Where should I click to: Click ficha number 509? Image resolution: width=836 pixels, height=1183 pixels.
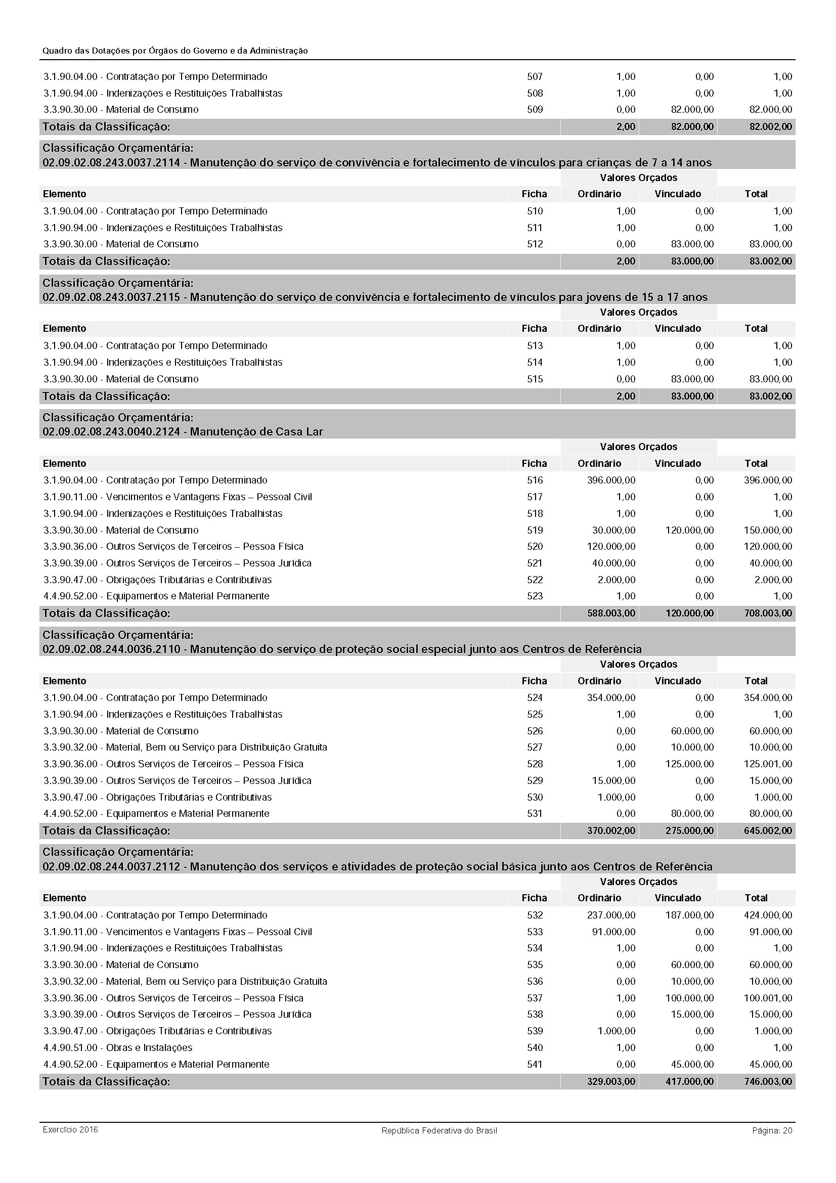(x=535, y=110)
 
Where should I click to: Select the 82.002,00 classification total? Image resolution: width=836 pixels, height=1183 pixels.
(x=771, y=127)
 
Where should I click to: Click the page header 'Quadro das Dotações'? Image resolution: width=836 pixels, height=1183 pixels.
(x=175, y=51)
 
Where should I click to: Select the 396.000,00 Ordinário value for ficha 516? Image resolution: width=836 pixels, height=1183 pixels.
(x=611, y=480)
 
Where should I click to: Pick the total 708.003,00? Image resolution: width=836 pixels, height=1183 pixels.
(x=771, y=614)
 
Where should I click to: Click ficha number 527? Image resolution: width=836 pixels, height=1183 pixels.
(x=535, y=747)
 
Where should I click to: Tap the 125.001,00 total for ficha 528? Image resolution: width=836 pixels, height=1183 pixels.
(x=768, y=764)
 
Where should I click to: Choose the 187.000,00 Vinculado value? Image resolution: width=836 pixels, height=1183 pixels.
(x=689, y=915)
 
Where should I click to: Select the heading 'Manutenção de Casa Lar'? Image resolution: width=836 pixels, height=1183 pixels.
(x=256, y=431)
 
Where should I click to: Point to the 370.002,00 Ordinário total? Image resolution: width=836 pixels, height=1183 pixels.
(x=611, y=830)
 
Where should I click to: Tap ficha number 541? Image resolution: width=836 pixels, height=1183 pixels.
(x=535, y=1064)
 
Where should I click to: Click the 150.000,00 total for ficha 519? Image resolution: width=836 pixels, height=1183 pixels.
(x=768, y=530)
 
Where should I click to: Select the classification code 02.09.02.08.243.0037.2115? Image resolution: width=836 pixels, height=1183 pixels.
(x=111, y=297)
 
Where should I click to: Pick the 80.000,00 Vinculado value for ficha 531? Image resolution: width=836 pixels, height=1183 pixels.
(x=692, y=814)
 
